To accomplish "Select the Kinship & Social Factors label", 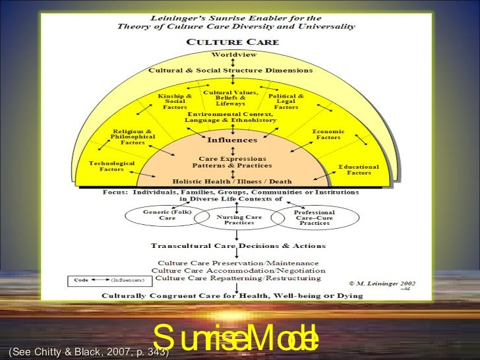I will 175,101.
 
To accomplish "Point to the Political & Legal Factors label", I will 287,101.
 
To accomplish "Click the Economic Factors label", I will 328,135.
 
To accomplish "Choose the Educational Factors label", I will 359,169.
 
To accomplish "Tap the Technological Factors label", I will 111,166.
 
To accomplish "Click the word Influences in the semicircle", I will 233,140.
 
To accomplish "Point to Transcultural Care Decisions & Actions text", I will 238,246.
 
